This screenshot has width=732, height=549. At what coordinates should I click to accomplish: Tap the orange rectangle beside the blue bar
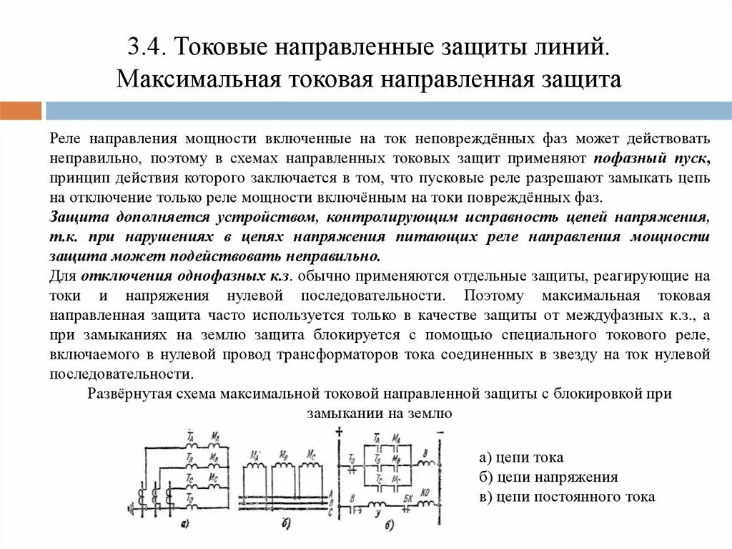point(21,111)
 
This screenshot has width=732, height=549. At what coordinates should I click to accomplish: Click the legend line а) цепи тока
point(521,457)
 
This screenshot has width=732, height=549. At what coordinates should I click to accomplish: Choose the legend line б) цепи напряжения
point(548,477)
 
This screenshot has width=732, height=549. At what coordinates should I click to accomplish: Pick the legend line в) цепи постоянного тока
point(567,496)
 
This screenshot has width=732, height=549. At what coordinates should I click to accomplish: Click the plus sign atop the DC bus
point(339,431)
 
